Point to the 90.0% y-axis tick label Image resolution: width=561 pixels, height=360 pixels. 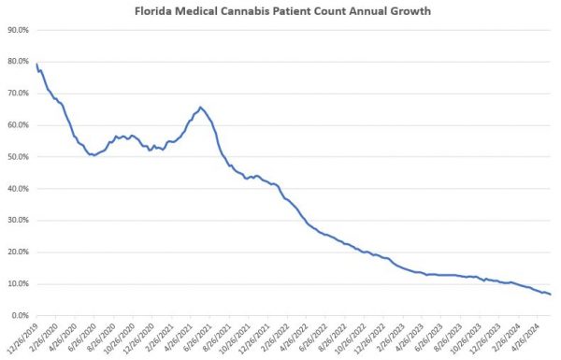(x=19, y=30)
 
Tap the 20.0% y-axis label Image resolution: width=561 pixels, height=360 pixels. (x=19, y=252)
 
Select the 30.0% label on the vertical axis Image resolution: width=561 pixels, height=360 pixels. (x=19, y=220)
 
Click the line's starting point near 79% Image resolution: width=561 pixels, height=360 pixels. (x=36, y=65)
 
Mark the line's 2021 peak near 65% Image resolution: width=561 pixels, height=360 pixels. (x=200, y=108)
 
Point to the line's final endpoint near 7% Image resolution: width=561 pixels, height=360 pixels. (x=551, y=295)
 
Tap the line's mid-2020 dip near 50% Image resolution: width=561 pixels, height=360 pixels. (x=93, y=155)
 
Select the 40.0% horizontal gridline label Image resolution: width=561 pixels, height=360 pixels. (x=19, y=188)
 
